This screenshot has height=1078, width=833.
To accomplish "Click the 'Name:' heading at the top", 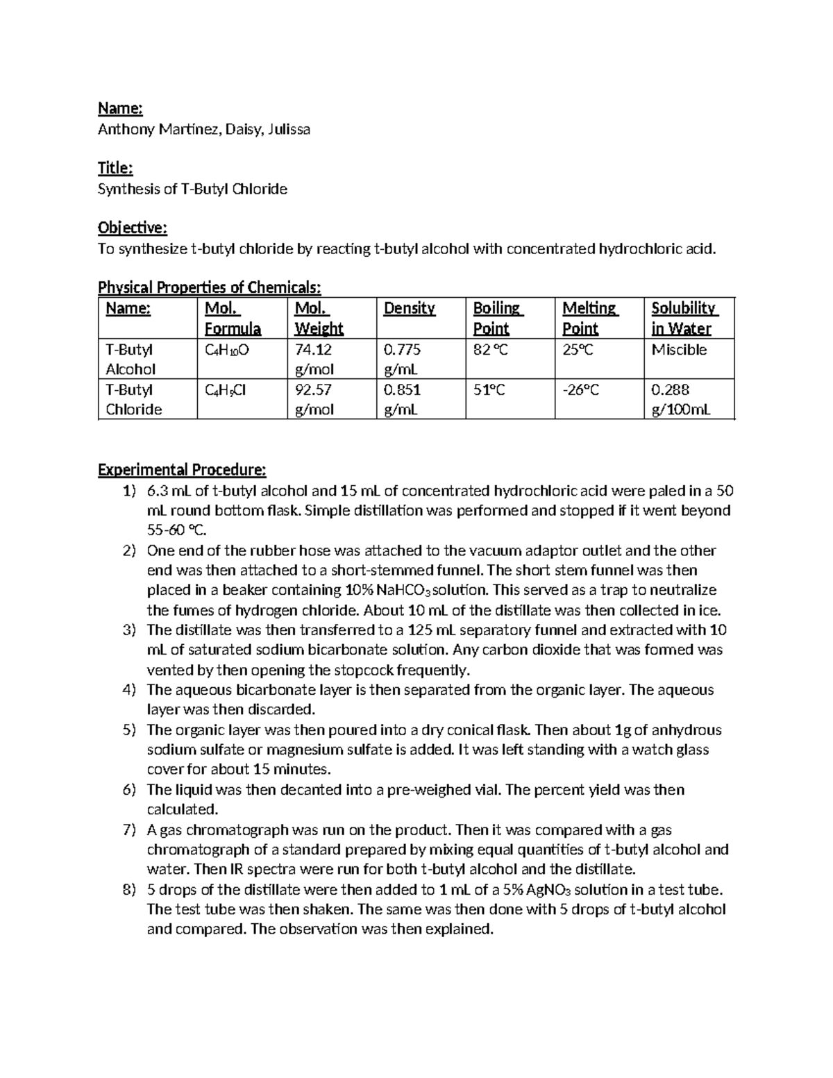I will (120, 108).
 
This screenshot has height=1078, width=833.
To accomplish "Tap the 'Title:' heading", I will (115, 168).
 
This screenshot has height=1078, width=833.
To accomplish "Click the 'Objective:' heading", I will (133, 228).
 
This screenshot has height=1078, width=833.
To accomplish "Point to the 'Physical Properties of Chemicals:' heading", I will (210, 287).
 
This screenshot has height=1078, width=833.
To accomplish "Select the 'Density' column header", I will (409, 308).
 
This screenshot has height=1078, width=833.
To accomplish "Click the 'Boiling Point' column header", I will (498, 318).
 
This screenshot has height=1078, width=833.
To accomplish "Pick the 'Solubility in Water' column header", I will (683, 318).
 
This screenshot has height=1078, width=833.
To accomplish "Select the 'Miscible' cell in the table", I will (679, 350).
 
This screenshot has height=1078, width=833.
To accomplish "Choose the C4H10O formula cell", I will (227, 351).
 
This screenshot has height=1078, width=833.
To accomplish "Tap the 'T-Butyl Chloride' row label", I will (133, 399).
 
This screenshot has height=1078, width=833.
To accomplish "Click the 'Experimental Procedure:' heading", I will (182, 471).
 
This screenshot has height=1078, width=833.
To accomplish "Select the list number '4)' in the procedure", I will (128, 690).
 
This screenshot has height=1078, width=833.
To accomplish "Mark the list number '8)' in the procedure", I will (128, 890).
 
